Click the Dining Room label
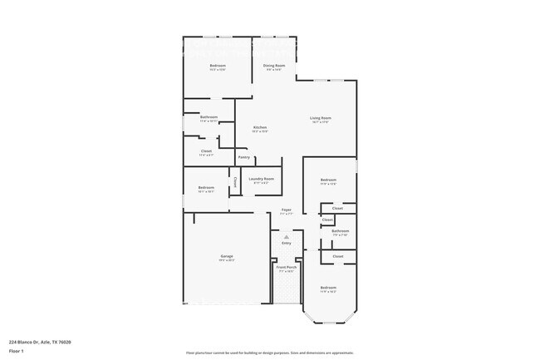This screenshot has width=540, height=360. tap(274, 65)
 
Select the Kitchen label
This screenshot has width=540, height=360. tap(260, 127)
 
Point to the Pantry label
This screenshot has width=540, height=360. tap(243, 157)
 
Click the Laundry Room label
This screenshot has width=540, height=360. tap(261, 179)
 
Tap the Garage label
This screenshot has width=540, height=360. tap(227, 256)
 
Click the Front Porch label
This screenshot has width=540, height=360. tap(286, 267)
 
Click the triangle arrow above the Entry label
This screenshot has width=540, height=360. tap(286, 236)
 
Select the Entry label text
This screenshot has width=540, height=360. tap(286, 243)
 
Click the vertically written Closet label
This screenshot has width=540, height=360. tap(235, 181)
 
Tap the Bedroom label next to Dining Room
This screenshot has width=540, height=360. tap(218, 65)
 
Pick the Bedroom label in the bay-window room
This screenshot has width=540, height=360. tap(329, 288)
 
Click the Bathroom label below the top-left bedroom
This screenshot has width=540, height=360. tap(209, 117)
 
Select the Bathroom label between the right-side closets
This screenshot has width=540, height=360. tap(340, 231)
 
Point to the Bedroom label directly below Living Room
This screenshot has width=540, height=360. tap(329, 180)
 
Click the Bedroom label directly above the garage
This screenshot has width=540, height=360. tap(206, 187)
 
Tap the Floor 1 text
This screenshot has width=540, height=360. tap(17, 352)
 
